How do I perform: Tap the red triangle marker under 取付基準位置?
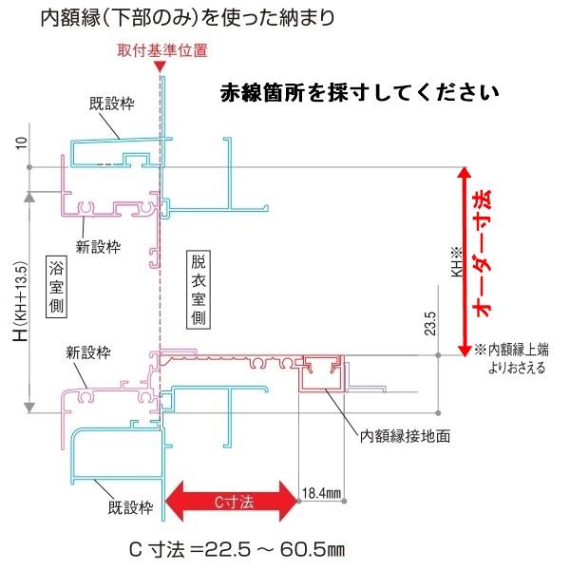(x=162, y=66)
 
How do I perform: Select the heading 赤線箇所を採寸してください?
(x=359, y=93)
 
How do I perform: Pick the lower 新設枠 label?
(x=89, y=351)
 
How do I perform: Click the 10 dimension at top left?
(x=20, y=142)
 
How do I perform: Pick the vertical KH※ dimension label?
(x=455, y=261)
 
